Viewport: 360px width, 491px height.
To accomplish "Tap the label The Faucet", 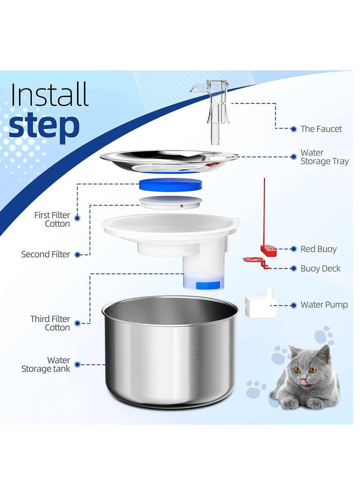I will (x=321, y=129).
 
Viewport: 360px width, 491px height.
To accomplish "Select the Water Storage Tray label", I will (x=324, y=157).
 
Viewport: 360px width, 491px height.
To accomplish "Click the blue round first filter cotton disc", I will (x=170, y=184).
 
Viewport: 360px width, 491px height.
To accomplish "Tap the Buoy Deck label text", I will (x=320, y=269).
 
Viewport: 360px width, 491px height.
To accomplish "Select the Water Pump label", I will (x=324, y=305).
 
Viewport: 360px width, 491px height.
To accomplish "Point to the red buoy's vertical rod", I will (x=265, y=212).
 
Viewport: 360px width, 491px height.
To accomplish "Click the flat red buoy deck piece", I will (x=253, y=260).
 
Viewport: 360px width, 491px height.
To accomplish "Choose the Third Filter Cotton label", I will (x=50, y=323).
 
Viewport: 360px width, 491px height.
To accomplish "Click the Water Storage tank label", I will (x=45, y=365).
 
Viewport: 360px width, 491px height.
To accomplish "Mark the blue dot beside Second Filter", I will (x=77, y=254).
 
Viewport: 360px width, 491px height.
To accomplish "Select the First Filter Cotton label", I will (x=52, y=219).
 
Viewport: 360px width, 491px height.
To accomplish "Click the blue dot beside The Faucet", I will (x=293, y=129).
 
